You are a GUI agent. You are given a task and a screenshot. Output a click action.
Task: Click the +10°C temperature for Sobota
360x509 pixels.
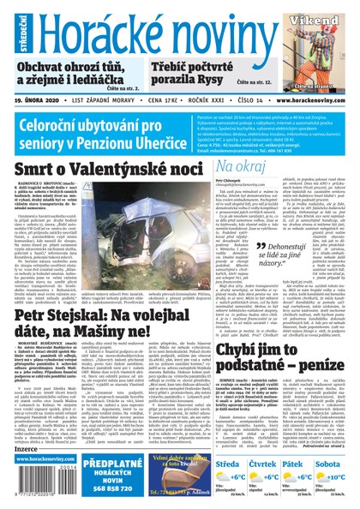339,476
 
